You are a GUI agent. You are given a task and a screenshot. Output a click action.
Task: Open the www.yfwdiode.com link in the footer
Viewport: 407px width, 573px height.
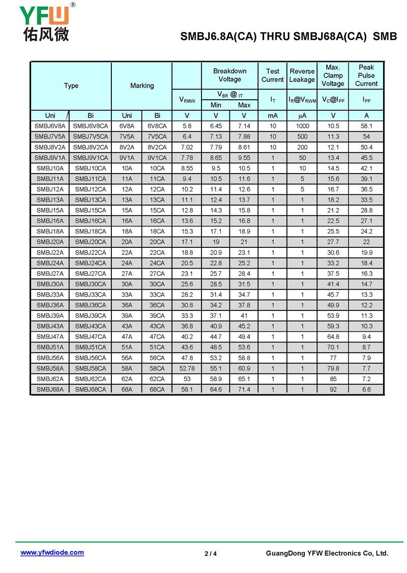(x=52, y=553)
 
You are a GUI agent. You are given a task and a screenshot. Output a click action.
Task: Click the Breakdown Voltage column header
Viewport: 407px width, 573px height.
(x=229, y=75)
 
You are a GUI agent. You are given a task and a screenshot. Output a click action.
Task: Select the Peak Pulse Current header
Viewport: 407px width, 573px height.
(x=366, y=75)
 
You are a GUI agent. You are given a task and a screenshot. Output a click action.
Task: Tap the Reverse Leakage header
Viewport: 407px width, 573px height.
(x=302, y=75)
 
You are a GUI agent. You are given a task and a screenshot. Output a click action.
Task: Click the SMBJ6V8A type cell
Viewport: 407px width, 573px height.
(x=50, y=126)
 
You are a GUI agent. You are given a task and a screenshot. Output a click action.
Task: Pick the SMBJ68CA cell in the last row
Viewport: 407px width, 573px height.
(x=91, y=390)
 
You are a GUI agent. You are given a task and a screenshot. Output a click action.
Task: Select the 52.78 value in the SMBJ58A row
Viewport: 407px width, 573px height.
(x=187, y=368)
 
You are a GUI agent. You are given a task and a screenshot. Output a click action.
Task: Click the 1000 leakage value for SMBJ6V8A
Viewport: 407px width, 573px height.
(x=302, y=126)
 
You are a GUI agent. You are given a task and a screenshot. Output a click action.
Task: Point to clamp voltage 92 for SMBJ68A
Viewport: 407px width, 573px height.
(x=333, y=390)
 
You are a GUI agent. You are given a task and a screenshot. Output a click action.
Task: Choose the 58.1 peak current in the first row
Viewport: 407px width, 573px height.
(x=366, y=126)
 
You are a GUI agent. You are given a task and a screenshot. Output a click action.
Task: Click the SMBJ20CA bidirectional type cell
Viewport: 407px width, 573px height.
(x=91, y=242)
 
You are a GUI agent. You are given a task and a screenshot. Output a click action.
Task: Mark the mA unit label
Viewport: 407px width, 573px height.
(x=273, y=116)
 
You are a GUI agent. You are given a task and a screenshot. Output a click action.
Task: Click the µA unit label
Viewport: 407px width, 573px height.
(x=302, y=116)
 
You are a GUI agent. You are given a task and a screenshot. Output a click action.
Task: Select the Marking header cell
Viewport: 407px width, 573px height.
(x=142, y=85)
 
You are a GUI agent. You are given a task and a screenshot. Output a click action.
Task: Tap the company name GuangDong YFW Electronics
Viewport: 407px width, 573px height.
(x=327, y=554)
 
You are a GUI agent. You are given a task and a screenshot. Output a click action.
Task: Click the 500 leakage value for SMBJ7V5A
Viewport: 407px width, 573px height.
(x=302, y=137)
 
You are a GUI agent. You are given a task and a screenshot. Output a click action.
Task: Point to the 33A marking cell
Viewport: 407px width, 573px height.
(x=127, y=295)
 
